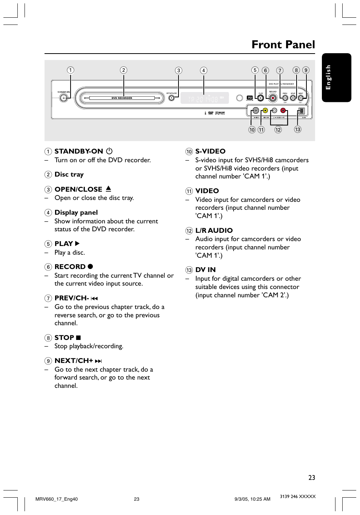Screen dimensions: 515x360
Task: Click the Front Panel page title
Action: pos(283,45)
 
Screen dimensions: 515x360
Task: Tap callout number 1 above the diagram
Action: pos(71,70)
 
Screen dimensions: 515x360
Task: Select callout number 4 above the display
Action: pos(203,70)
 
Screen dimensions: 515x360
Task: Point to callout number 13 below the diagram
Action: pos(298,129)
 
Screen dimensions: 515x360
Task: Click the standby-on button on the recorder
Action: pos(64,98)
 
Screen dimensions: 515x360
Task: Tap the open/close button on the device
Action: pos(171,98)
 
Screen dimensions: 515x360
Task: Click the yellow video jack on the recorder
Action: pos(265,111)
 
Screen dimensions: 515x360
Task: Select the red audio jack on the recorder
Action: pos(283,111)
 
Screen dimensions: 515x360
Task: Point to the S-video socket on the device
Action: pos(256,111)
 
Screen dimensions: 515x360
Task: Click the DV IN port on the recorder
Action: pos(301,111)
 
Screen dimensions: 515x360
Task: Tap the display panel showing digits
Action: pos(204,98)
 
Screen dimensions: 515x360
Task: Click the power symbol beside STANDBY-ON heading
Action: pos(109,151)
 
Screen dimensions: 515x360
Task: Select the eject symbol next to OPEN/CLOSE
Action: pos(108,189)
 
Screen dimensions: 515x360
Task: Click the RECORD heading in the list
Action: pos(70,267)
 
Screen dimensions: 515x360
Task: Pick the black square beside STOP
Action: pos(78,338)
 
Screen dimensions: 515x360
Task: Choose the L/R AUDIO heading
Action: pos(214,231)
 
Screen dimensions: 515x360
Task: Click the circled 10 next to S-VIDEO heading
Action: pos(189,152)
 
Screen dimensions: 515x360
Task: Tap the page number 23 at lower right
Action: pos(312,478)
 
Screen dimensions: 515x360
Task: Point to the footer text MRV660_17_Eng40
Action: pos(57,499)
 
